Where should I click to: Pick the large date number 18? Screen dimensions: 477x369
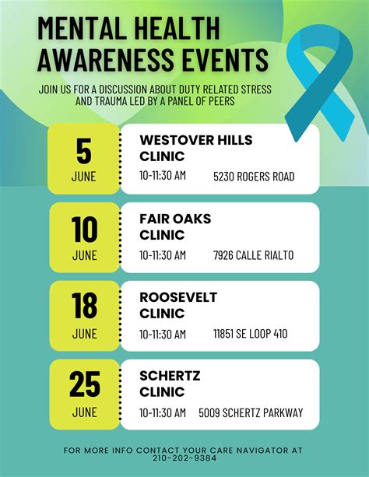pos(84,307)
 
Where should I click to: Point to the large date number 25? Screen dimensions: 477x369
pos(84,385)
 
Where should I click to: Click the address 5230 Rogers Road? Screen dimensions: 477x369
pos(254,177)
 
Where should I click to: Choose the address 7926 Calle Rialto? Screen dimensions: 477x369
pos(254,255)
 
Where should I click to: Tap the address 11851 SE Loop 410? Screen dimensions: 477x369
pos(250,334)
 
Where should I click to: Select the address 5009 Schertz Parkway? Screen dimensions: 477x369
pos(251,412)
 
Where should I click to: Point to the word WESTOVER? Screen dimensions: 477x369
pos(174,140)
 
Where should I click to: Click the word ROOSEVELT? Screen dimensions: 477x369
pos(178,297)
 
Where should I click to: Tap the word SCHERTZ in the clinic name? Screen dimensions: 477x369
pos(170,376)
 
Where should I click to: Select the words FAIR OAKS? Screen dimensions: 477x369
pos(175,219)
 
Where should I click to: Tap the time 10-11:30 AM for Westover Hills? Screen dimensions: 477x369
pos(163,177)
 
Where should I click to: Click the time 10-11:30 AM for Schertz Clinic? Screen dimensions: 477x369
pos(163,412)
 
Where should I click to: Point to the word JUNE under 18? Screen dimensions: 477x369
pos(84,334)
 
